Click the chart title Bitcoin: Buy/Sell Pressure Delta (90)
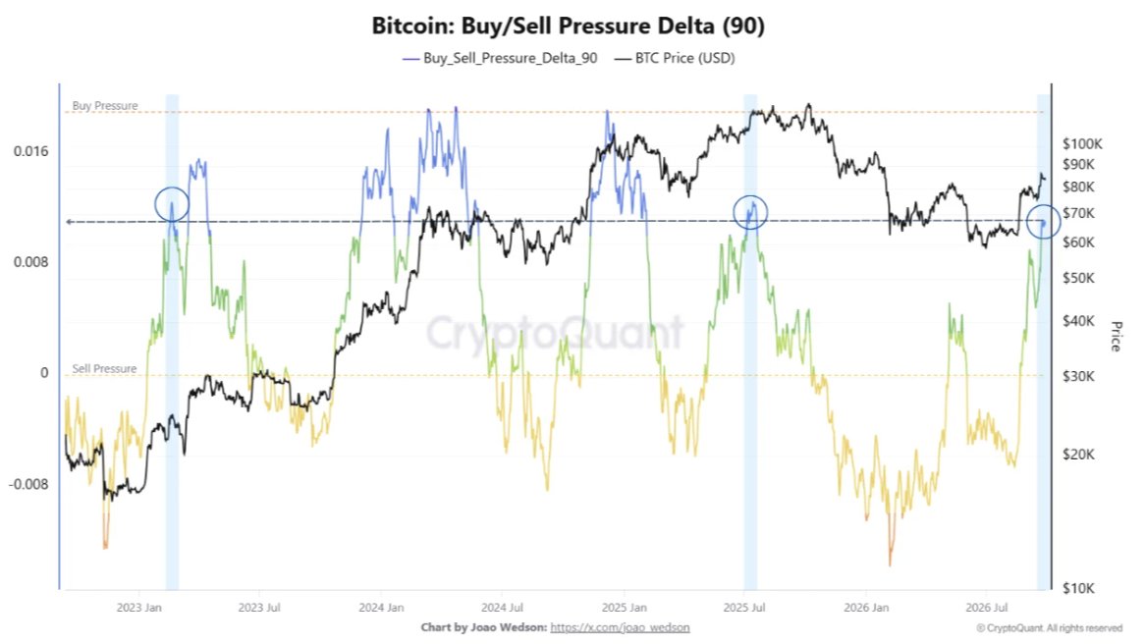pos(569,26)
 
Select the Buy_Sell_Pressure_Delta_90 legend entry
pos(500,59)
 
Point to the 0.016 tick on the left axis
pos(31,151)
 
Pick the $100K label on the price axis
pos(1082,144)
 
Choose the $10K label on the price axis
pos(1078,588)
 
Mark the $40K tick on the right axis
pos(1078,321)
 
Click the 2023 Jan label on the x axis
pos(138,608)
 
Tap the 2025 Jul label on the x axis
pos(744,608)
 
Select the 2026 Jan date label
pos(866,608)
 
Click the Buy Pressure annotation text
pos(105,106)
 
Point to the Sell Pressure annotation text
pos(104,369)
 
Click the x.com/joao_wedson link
pos(620,627)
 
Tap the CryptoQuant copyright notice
pos(1049,628)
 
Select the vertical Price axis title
pos(1116,336)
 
